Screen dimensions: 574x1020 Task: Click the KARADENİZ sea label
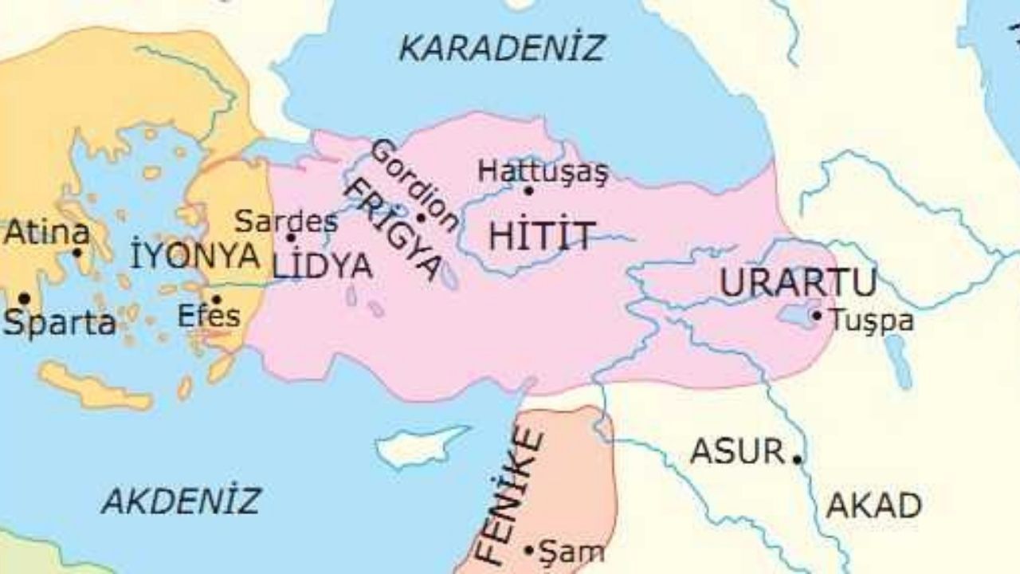point(501,49)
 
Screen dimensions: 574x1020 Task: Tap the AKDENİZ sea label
point(181,501)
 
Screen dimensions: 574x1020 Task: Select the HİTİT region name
point(541,237)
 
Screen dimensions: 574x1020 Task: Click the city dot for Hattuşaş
point(528,191)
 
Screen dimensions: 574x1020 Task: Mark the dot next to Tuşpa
point(817,316)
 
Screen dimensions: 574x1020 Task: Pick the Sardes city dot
point(291,238)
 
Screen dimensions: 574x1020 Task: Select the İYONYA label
point(194,256)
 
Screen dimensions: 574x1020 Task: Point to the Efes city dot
point(216,300)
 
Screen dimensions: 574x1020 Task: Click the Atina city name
point(46,234)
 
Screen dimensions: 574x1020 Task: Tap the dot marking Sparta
point(24,299)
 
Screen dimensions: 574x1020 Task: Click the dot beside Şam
point(528,550)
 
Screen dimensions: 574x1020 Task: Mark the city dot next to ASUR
point(796,458)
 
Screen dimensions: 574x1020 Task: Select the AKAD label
point(873,505)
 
